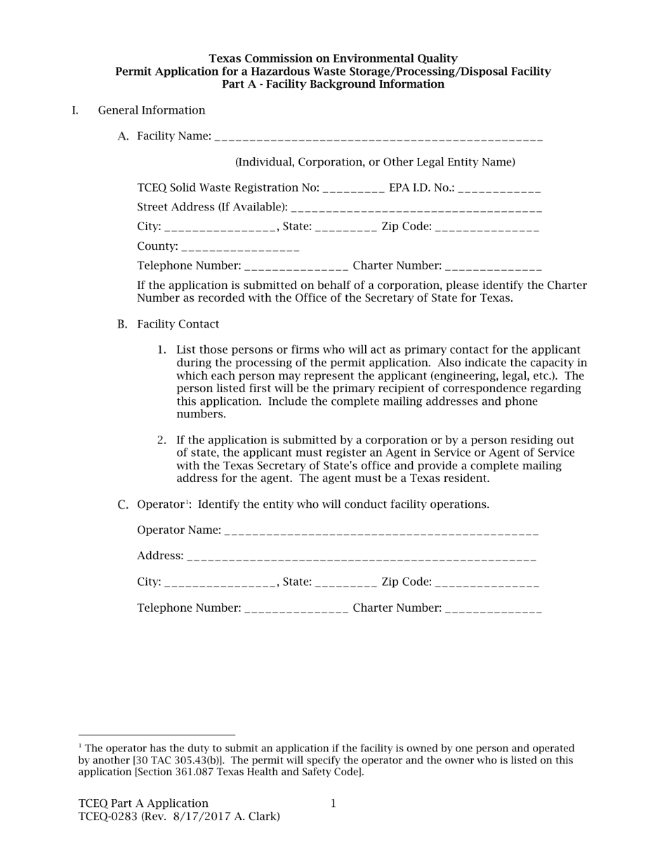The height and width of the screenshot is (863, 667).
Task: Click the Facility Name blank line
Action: click(378, 137)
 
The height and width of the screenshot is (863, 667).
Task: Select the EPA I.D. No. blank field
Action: click(499, 189)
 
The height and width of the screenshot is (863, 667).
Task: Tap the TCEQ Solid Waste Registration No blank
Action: click(353, 189)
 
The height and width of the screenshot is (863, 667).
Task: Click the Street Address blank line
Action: click(416, 208)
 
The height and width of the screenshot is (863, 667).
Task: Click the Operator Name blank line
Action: click(382, 531)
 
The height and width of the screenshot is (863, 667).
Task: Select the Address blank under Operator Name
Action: click(362, 556)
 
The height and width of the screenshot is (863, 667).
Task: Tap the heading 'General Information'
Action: click(152, 110)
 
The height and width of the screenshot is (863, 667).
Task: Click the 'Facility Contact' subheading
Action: click(178, 324)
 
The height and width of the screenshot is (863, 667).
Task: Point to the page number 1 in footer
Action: click(333, 803)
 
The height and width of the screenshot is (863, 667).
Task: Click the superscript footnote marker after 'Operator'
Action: click(187, 502)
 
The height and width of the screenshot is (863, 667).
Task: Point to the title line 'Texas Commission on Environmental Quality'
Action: click(333, 58)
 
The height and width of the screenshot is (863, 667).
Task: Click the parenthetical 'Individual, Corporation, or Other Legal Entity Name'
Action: click(375, 162)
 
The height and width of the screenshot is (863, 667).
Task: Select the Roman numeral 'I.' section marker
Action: click(75, 110)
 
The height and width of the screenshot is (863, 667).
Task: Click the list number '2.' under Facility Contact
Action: click(161, 441)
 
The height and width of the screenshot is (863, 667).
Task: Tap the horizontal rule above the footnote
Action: click(157, 735)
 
